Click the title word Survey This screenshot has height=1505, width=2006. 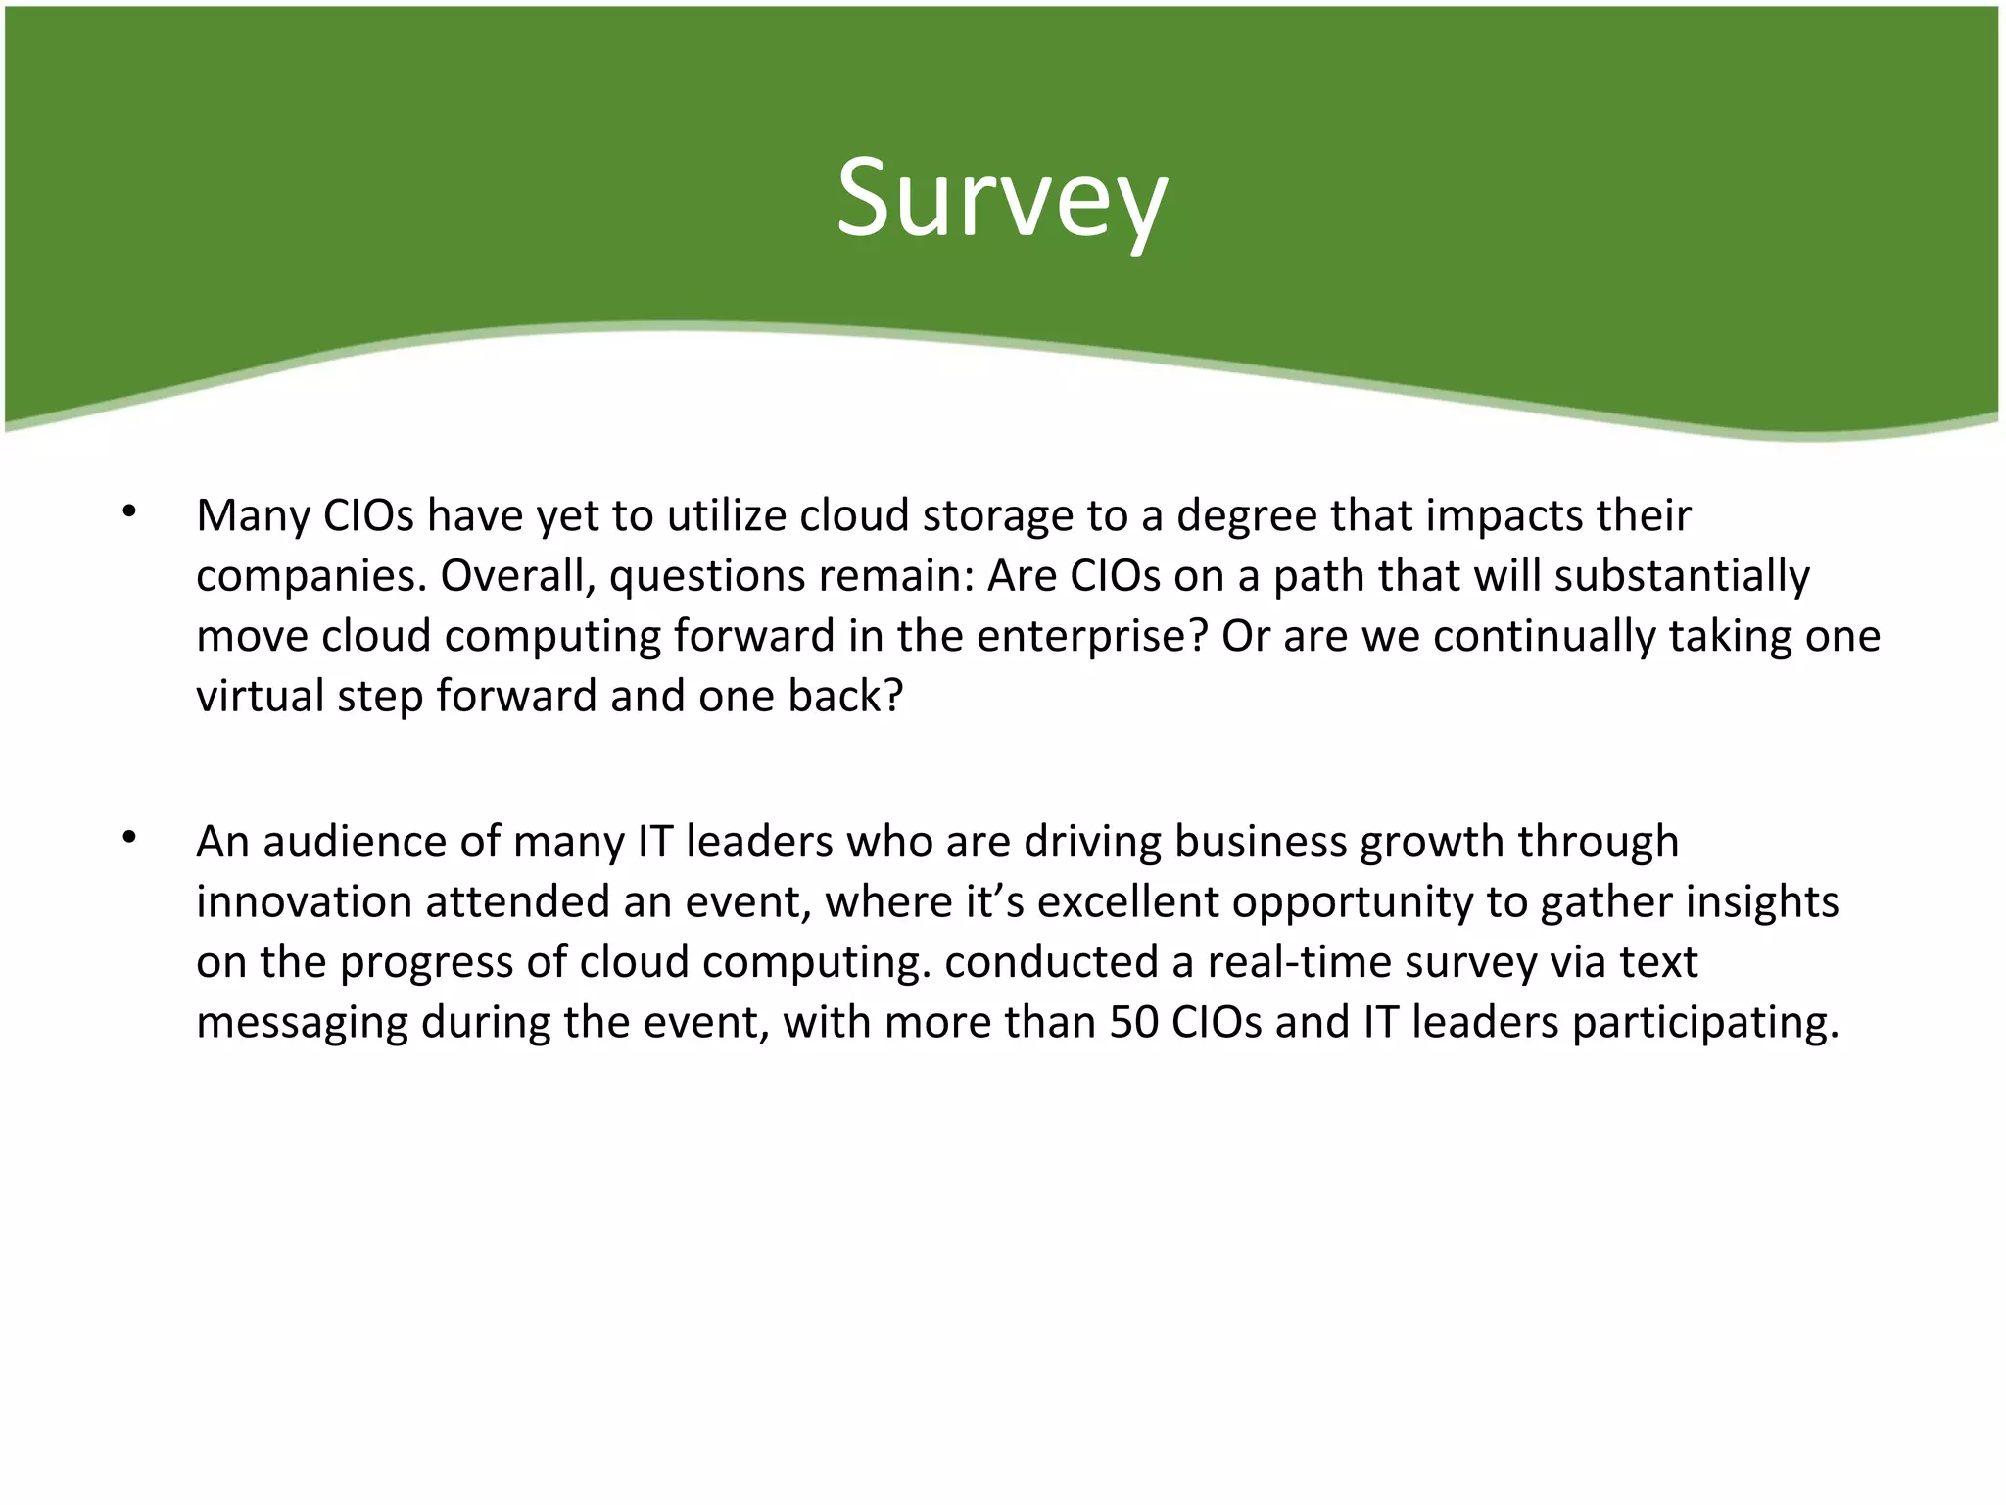1001,198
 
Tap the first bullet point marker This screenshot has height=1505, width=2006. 128,512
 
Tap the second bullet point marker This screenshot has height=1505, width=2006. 128,838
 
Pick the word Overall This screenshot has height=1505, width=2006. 515,576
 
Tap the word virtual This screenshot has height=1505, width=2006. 260,697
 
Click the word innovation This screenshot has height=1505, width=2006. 304,902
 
